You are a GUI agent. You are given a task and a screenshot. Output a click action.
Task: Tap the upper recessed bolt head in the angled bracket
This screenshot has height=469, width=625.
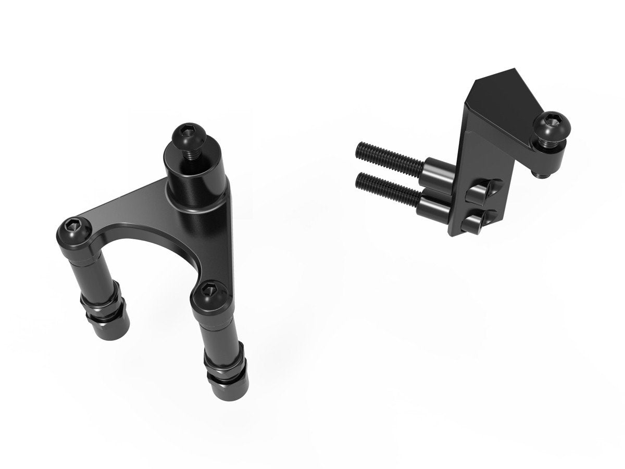477,192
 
